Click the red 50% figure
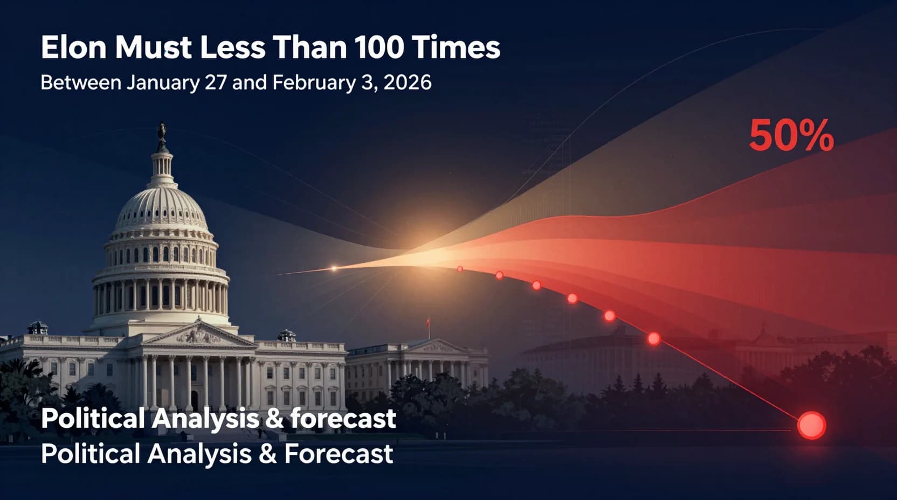tap(791, 136)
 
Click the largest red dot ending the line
tap(811, 425)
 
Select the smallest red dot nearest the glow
tap(460, 269)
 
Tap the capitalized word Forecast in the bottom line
tap(339, 454)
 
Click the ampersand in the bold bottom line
tap(273, 419)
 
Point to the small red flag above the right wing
tap(429, 322)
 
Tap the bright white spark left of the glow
tap(334, 268)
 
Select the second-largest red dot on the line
tap(653, 338)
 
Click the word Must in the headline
tap(153, 47)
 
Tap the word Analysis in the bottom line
tap(199, 454)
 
